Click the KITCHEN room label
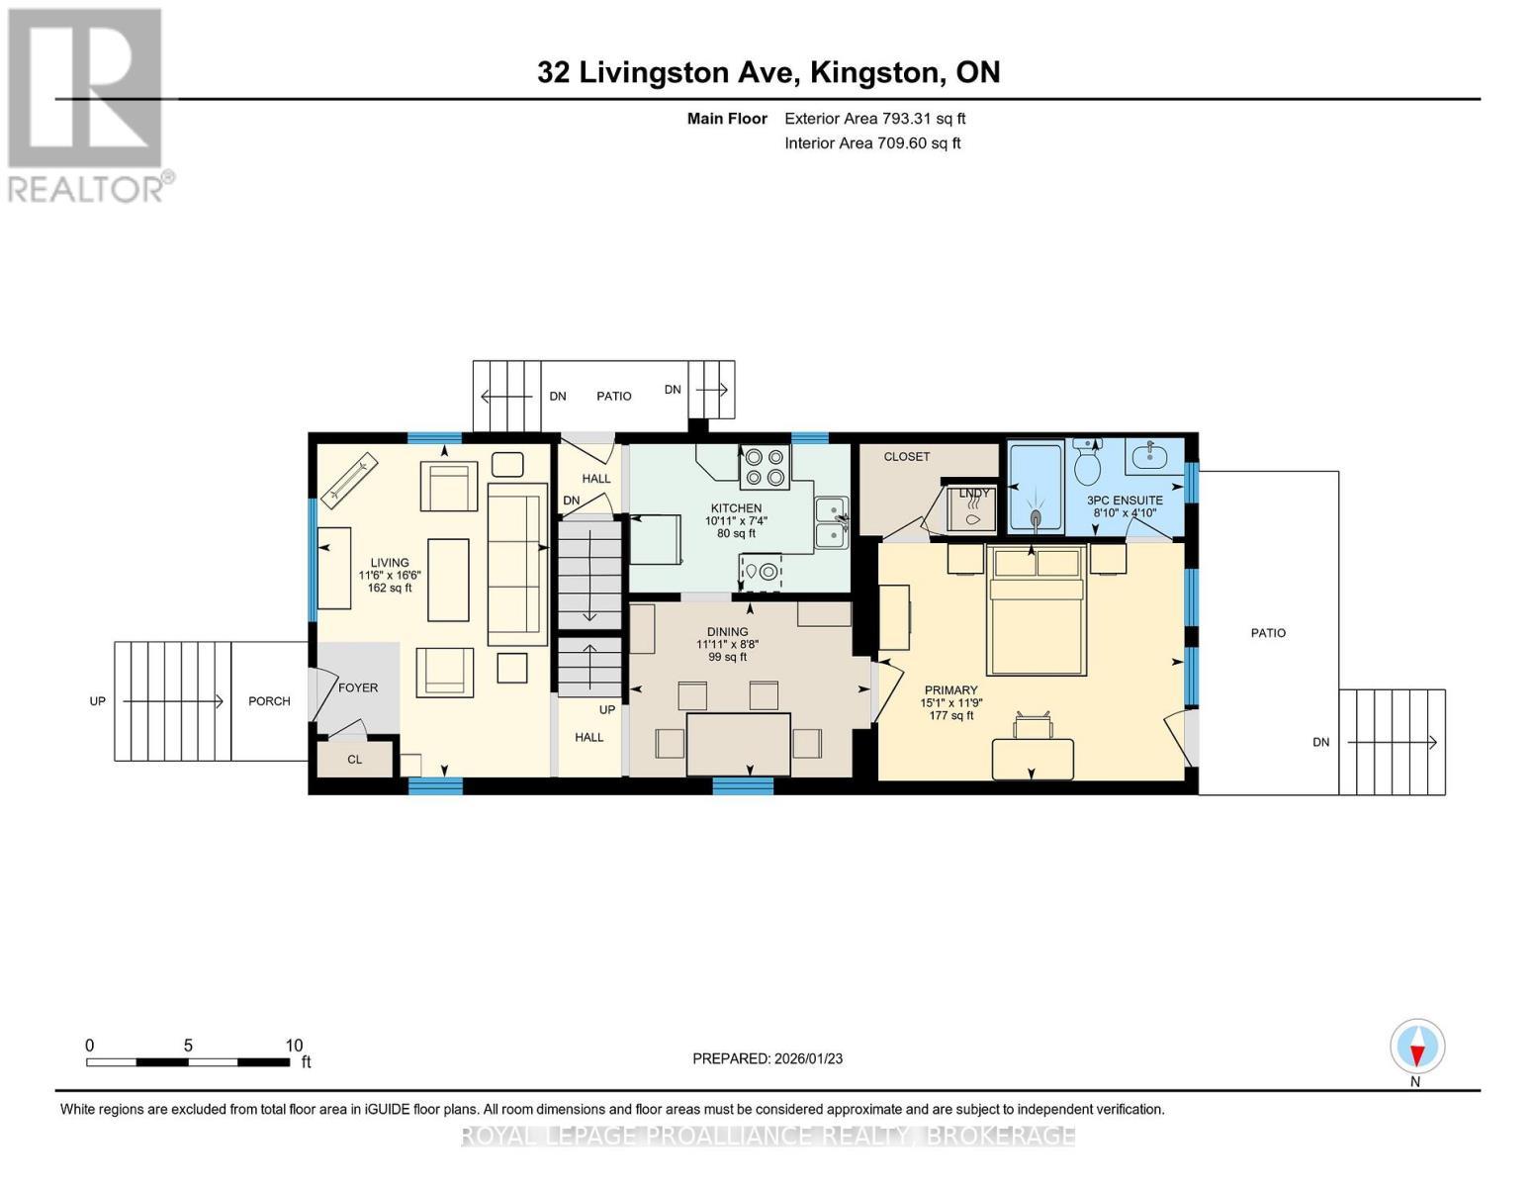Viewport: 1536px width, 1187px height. (736, 508)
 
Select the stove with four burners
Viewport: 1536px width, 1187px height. (765, 467)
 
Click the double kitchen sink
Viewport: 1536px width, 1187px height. (831, 522)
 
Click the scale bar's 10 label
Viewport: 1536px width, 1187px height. (294, 1046)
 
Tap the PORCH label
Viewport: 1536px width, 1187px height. (269, 701)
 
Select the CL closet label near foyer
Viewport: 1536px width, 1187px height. (354, 760)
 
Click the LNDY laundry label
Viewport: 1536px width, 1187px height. (973, 493)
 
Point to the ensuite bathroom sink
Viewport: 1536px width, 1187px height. (1147, 457)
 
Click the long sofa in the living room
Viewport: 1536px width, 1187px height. (517, 564)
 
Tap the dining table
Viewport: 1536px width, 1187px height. (738, 744)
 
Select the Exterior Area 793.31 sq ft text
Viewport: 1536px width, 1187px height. (874, 119)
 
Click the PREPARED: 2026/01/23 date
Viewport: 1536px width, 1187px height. (768, 1058)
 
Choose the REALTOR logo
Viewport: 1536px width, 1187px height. (87, 104)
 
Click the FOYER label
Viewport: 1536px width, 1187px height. (358, 687)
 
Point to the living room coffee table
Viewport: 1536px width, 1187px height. (448, 580)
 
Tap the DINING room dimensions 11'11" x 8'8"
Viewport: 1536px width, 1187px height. (727, 644)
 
